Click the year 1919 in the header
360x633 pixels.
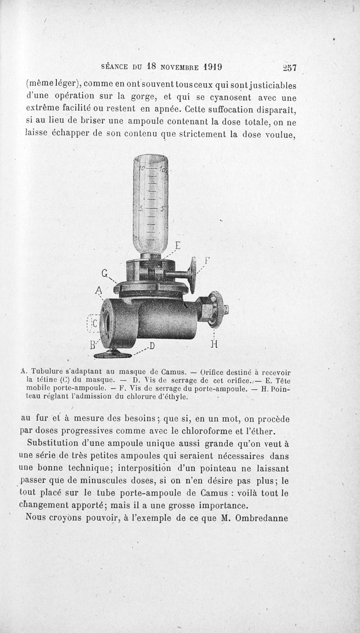pyautogui.click(x=213, y=67)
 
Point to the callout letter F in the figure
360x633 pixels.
pyautogui.click(x=207, y=260)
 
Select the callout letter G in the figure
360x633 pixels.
pyautogui.click(x=105, y=273)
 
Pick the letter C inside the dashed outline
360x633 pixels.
pyautogui.click(x=95, y=324)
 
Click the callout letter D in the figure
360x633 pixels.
pyautogui.click(x=152, y=346)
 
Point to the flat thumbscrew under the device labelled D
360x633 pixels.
pyautogui.click(x=112, y=355)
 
